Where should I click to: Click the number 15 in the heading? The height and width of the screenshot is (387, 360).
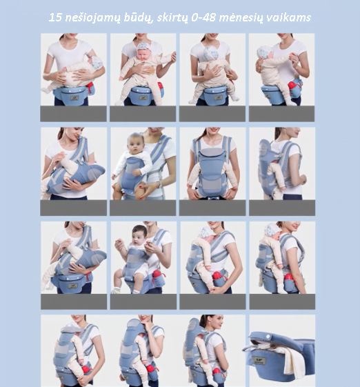[55, 17]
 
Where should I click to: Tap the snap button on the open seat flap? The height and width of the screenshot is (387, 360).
[269, 337]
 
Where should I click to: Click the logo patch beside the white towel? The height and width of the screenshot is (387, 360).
[259, 361]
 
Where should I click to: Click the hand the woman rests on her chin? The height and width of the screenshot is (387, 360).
[147, 324]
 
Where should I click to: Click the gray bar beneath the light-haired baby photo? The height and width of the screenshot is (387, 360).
[143, 208]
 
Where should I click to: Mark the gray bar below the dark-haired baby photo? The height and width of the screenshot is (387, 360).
[143, 301]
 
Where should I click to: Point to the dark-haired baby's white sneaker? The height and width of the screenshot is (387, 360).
[115, 290]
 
